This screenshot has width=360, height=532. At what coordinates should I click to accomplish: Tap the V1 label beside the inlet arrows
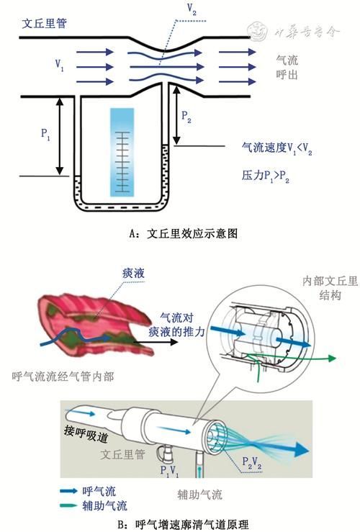click(x=60, y=63)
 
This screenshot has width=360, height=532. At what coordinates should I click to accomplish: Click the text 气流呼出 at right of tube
click(x=287, y=68)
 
